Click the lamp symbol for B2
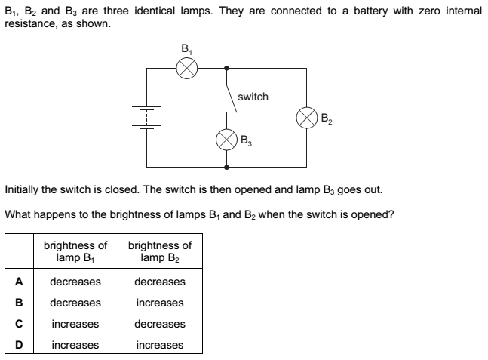click(306, 118)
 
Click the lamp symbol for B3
click(226, 139)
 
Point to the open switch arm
click(232, 90)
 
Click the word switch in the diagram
click(253, 97)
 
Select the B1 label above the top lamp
click(186, 51)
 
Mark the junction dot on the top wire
click(227, 69)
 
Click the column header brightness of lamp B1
click(75, 251)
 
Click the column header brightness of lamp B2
click(160, 251)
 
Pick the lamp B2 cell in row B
click(160, 303)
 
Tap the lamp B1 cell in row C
click(75, 324)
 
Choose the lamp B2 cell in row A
click(160, 282)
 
